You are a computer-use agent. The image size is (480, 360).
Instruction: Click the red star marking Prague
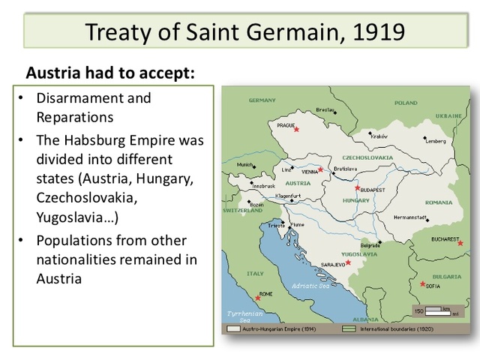pyautogui.click(x=297, y=130)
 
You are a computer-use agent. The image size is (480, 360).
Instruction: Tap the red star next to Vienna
pyautogui.click(x=321, y=170)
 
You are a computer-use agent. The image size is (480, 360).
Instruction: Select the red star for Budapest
pyautogui.click(x=358, y=188)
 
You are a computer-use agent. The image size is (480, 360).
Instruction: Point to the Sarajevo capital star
pyautogui.click(x=347, y=262)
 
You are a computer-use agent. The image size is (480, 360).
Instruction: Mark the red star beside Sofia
pyautogui.click(x=424, y=283)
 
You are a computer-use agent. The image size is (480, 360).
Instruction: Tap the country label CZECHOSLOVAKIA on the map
pyautogui.click(x=367, y=159)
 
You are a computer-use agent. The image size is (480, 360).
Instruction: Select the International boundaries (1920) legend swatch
pyautogui.click(x=349, y=329)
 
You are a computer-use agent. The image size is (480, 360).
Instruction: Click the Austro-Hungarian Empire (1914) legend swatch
pyautogui.click(x=233, y=329)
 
